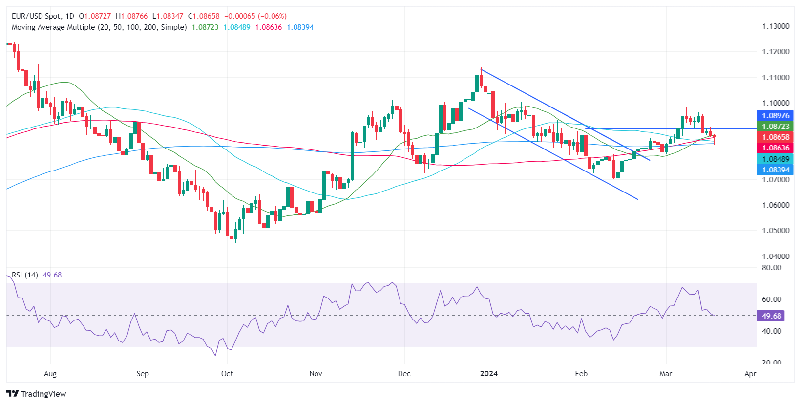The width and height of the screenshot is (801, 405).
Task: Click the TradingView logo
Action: click(x=36, y=394)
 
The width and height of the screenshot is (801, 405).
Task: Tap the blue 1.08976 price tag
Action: click(x=775, y=116)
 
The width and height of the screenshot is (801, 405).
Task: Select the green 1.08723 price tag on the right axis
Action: click(x=775, y=127)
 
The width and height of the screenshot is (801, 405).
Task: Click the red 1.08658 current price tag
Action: click(x=775, y=137)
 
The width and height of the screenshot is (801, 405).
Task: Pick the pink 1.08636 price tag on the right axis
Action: click(x=775, y=148)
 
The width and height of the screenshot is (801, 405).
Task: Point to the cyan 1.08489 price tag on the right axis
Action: click(x=775, y=159)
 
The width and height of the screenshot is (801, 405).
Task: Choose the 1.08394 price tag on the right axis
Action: click(x=775, y=170)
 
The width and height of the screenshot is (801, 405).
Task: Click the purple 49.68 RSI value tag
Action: click(x=771, y=316)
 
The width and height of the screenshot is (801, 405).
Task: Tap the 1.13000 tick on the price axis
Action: click(x=776, y=26)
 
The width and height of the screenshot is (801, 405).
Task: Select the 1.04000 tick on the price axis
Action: click(x=776, y=256)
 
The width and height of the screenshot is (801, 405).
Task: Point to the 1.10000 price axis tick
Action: click(x=776, y=103)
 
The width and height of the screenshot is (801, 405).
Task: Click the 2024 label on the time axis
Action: click(x=488, y=374)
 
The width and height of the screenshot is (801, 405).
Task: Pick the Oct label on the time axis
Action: click(x=227, y=374)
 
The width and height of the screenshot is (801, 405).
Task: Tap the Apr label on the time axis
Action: click(x=750, y=374)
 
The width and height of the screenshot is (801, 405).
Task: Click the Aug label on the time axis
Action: click(x=50, y=374)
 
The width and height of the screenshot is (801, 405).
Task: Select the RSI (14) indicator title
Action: click(x=25, y=275)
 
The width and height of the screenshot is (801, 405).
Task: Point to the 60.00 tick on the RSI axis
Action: click(x=772, y=299)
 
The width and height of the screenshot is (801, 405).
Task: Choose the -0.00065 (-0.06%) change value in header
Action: click(x=255, y=16)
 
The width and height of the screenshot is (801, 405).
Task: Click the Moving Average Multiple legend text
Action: click(x=99, y=27)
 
